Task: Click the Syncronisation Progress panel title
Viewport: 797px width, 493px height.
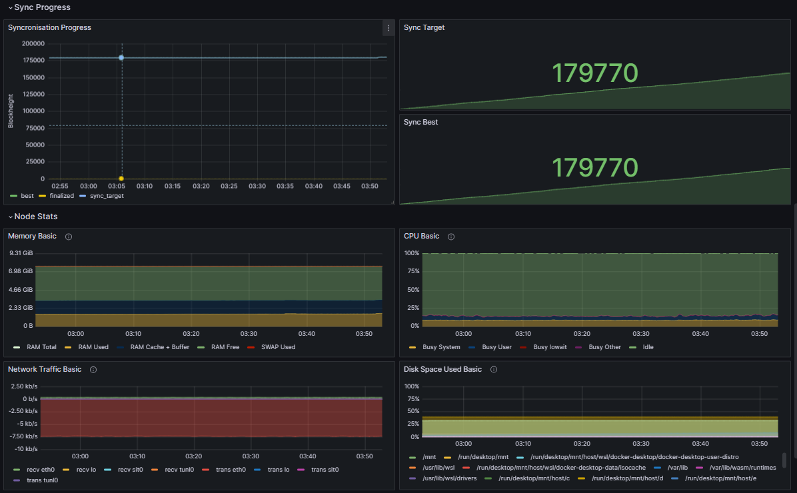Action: coord(49,28)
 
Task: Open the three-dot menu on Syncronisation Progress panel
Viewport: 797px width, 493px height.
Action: coord(388,28)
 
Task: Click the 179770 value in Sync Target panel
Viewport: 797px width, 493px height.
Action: coord(594,73)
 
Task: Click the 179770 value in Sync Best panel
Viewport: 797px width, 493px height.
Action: coord(594,167)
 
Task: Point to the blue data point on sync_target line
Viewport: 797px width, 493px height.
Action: coord(121,58)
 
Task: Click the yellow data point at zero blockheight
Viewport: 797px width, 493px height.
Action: coord(121,179)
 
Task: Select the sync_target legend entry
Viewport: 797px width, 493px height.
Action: coord(106,196)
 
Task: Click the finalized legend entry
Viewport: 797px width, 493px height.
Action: coord(61,196)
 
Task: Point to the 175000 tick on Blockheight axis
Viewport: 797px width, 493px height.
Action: coord(33,61)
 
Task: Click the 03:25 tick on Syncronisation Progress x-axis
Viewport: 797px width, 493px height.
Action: coord(229,186)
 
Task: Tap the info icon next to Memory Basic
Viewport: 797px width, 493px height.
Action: coord(69,237)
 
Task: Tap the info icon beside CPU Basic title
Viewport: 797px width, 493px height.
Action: coord(451,237)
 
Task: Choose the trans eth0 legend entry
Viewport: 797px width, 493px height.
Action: coord(231,470)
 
